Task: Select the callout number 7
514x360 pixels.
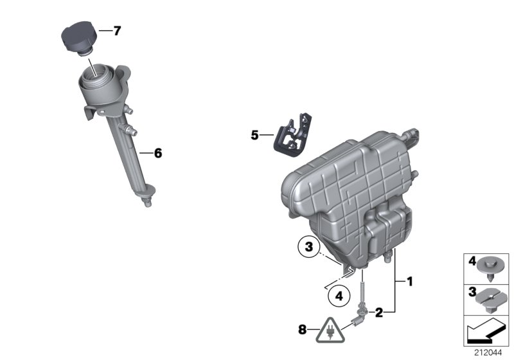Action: pyautogui.click(x=116, y=30)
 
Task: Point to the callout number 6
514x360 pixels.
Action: pyautogui.click(x=158, y=153)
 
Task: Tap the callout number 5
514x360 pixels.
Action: pyautogui.click(x=254, y=135)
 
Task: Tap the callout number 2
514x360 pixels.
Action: pyautogui.click(x=379, y=313)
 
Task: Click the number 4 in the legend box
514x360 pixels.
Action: pyautogui.click(x=470, y=263)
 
